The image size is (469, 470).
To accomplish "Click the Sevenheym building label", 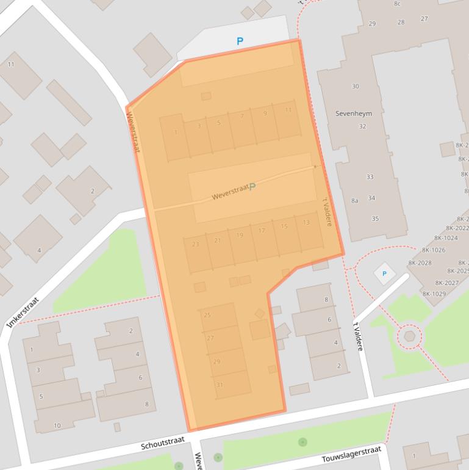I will tap(353, 114).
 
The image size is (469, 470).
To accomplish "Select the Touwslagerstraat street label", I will tap(351, 455).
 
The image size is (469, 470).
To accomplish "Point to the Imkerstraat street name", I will tap(23, 313).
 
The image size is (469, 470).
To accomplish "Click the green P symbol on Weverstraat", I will tap(252, 186).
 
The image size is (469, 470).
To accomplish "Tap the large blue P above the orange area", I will tap(240, 42).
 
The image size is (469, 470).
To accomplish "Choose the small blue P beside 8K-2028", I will tap(384, 274).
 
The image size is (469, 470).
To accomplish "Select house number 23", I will tap(195, 244).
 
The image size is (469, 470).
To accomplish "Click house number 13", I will tap(306, 223).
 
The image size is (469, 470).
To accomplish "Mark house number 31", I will tap(220, 385).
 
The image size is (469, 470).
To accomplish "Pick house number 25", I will tap(207, 315).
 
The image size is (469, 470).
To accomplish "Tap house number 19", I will tap(240, 236).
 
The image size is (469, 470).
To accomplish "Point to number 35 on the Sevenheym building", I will tap(375, 219).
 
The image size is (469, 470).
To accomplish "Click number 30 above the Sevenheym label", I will tap(356, 87).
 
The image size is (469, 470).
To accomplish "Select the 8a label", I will tap(355, 200).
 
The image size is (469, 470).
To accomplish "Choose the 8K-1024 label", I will tap(446, 238).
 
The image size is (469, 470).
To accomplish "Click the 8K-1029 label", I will tap(434, 294).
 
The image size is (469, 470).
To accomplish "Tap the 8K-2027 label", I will tap(446, 283).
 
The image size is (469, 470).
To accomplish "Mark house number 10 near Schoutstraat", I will tap(57, 425).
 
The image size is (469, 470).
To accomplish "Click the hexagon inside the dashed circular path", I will tap(410, 336).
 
